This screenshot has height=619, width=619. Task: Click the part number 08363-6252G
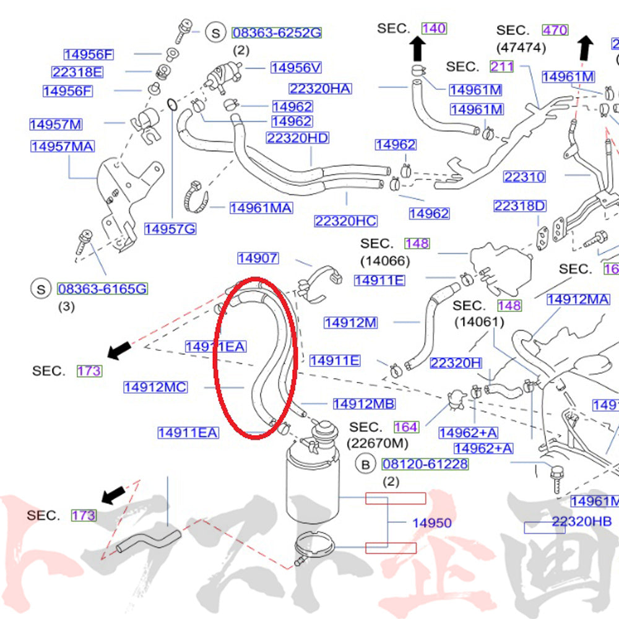coord(277,33)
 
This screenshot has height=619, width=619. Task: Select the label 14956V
coord(297,67)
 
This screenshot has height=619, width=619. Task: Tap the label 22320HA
coord(319,89)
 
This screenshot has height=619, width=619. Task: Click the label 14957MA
coord(63,147)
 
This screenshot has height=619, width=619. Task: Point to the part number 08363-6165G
coord(102,288)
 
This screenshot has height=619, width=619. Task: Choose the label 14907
coord(258,258)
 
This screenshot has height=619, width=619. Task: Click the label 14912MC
coord(155,387)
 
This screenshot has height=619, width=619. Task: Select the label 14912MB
coord(364,404)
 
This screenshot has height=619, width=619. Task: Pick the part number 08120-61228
coord(425,464)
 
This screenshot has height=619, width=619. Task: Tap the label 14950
coord(432,523)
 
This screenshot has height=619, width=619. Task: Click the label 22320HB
coord(582,522)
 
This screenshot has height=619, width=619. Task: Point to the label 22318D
coord(520,206)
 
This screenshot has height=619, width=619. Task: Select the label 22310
coord(524,177)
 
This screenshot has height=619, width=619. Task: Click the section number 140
coord(434,28)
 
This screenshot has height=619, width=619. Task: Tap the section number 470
coord(555,29)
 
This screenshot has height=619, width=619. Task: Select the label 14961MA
coord(261,208)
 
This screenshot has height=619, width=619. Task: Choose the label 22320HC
coord(345,221)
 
